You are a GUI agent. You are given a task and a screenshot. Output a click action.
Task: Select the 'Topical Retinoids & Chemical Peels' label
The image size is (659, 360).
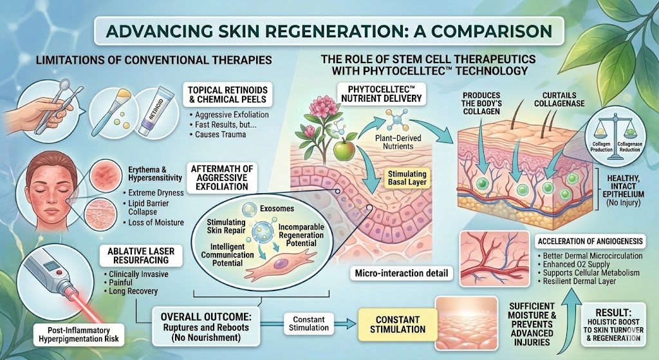point(227,95)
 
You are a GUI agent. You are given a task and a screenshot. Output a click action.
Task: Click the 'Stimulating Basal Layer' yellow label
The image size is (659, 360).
point(407,178)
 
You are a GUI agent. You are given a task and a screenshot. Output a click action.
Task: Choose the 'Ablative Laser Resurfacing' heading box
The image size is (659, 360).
point(141,256)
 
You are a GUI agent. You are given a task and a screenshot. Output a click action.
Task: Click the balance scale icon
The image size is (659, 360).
point(615,135)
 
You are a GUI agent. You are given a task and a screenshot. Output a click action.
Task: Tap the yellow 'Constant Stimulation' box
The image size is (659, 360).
point(398,325)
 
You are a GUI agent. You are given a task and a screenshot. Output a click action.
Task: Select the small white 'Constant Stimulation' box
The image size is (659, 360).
point(309,323)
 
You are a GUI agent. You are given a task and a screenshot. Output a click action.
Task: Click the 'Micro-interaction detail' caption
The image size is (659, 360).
point(402,273)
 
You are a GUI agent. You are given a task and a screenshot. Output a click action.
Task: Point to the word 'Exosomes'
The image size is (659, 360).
point(277,208)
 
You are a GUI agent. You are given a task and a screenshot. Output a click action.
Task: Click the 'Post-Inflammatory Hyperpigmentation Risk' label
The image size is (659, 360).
point(79,334)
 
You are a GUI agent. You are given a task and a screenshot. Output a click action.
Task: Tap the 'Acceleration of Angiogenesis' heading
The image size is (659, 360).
point(590,241)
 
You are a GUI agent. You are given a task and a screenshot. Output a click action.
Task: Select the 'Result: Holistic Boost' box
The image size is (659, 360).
point(613,325)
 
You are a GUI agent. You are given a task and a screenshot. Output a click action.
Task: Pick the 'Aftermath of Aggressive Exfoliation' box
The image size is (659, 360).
point(222,178)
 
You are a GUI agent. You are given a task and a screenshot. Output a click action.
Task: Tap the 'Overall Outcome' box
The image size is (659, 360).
point(205,327)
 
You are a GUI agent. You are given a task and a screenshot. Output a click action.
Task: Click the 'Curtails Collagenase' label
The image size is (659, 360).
point(559,99)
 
